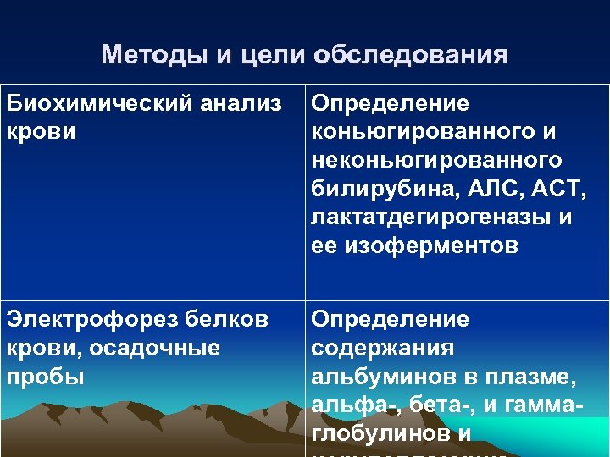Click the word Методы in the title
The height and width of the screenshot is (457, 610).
[153, 56]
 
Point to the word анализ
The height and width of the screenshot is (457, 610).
[247, 104]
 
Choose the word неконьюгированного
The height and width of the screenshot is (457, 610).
[436, 160]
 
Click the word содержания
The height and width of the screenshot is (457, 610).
[383, 348]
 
